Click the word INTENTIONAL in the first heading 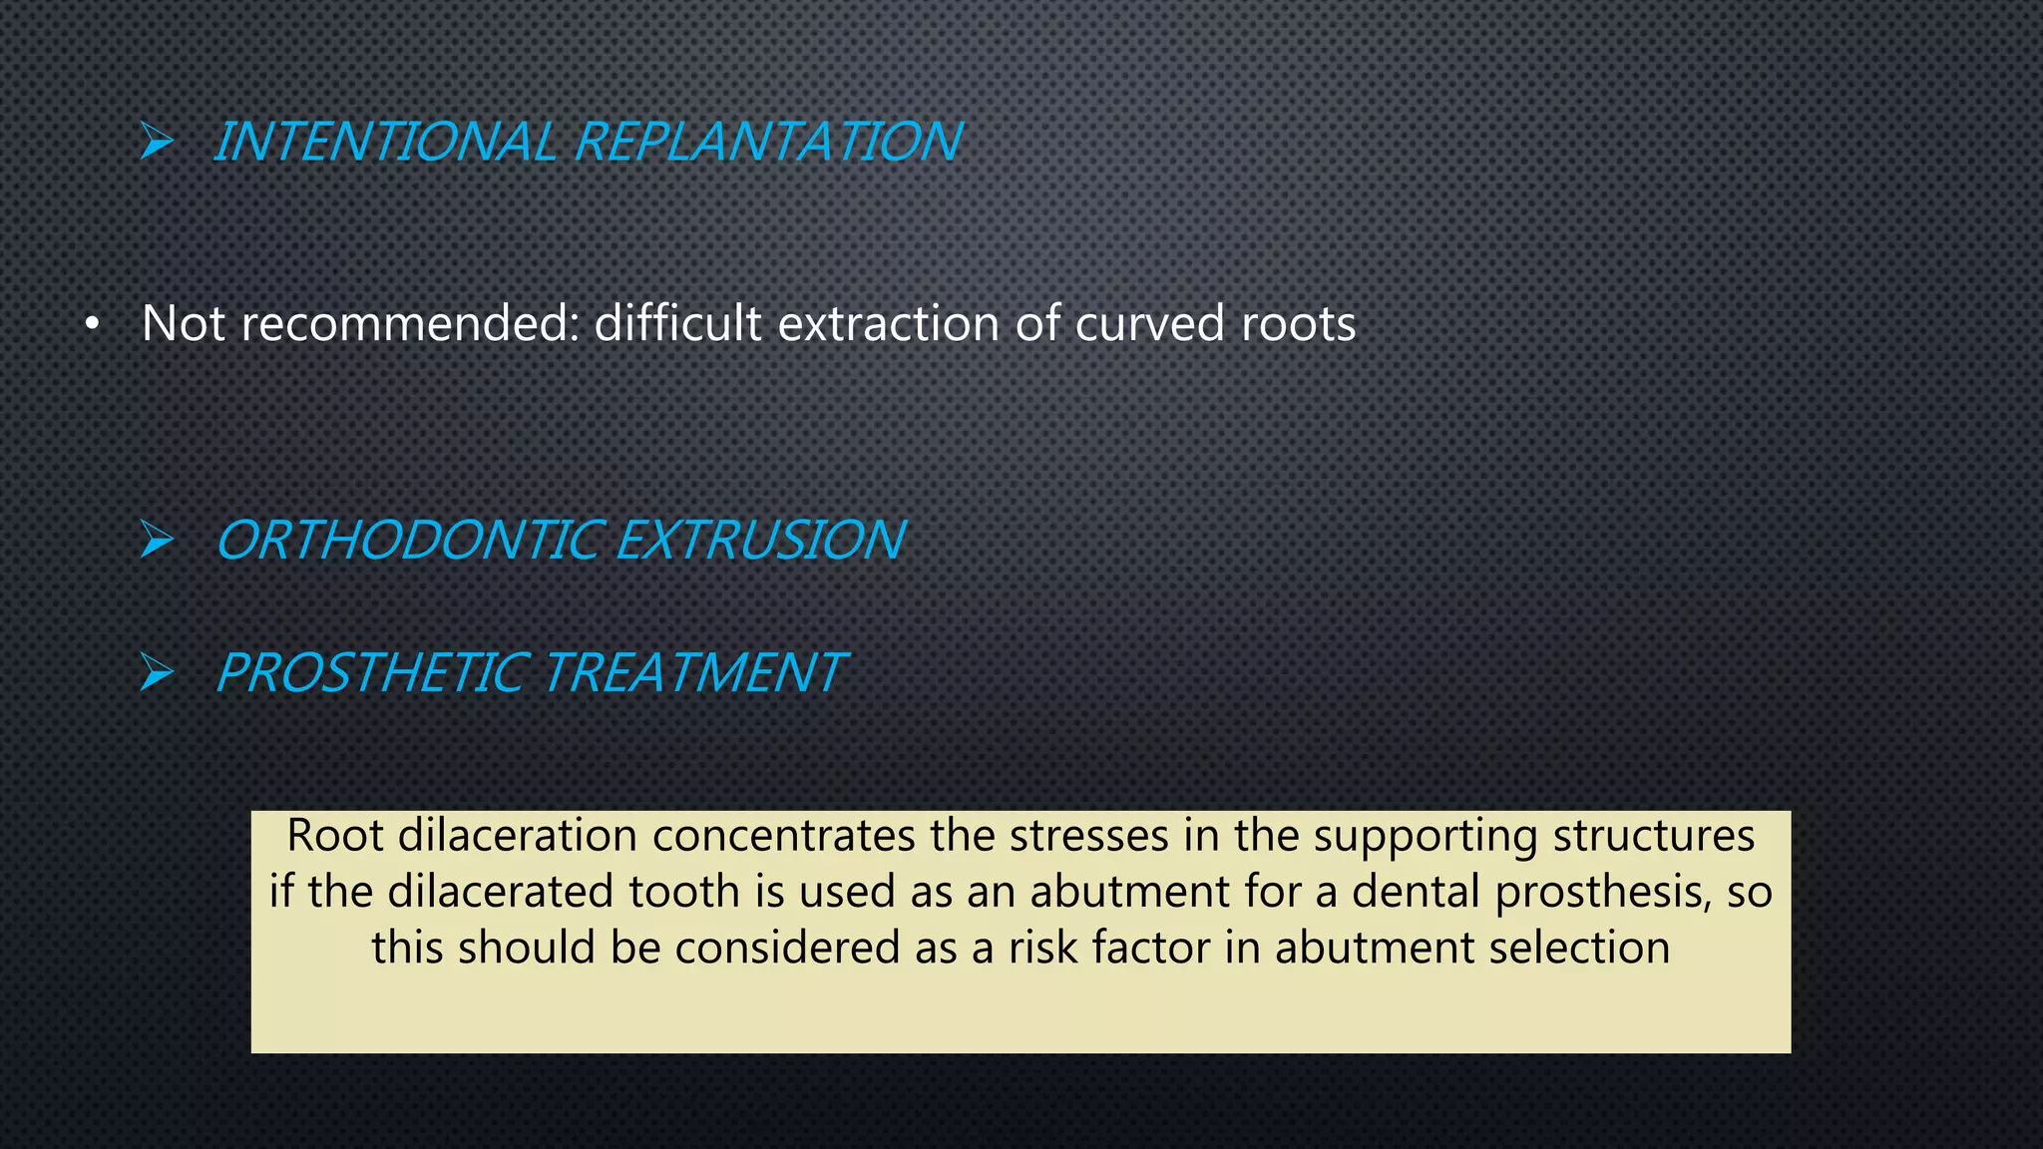385,142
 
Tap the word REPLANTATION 768,142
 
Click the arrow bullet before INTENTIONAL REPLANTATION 157,141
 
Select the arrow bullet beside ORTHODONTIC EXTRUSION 157,540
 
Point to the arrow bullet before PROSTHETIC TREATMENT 157,672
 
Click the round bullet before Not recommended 92,325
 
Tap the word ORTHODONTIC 410,541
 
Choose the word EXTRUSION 760,541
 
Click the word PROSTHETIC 372,673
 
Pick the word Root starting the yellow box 335,836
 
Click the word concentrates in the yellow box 783,836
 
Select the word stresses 1088,836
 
